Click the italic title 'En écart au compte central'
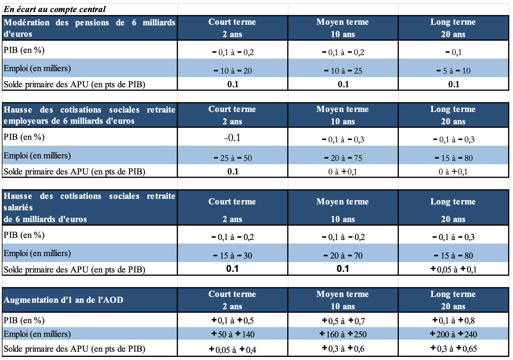click(x=54, y=9)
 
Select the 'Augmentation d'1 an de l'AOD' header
click(x=63, y=300)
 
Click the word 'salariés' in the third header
click(x=18, y=208)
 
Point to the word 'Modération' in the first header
click(x=27, y=23)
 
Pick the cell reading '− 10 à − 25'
click(x=343, y=71)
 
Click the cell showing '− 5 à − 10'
click(x=454, y=71)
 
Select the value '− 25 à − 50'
click(x=233, y=158)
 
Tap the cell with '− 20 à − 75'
click(x=343, y=158)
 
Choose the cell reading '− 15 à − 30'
click(x=233, y=255)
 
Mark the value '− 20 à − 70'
click(x=343, y=255)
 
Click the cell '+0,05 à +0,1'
click(x=454, y=269)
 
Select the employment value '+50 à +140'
click(x=233, y=334)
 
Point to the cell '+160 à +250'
click(x=343, y=334)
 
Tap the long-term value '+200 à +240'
click(x=454, y=334)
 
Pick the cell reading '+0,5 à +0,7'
click(x=343, y=321)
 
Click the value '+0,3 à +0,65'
click(x=454, y=349)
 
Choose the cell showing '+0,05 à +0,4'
click(x=233, y=349)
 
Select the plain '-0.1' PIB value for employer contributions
click(x=232, y=138)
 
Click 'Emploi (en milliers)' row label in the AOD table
click(x=37, y=334)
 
